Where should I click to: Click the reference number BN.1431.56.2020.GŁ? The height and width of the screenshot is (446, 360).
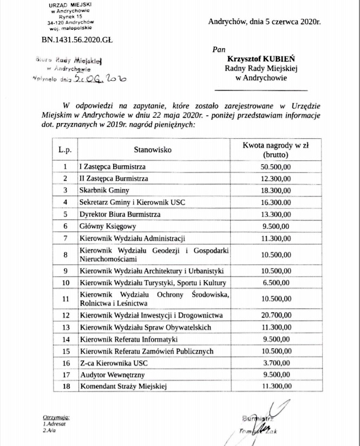click(77, 40)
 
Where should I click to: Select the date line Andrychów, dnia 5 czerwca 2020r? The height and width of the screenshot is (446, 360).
click(264, 22)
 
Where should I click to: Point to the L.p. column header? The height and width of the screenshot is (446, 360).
click(65, 149)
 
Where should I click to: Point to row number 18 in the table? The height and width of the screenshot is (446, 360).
click(65, 386)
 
